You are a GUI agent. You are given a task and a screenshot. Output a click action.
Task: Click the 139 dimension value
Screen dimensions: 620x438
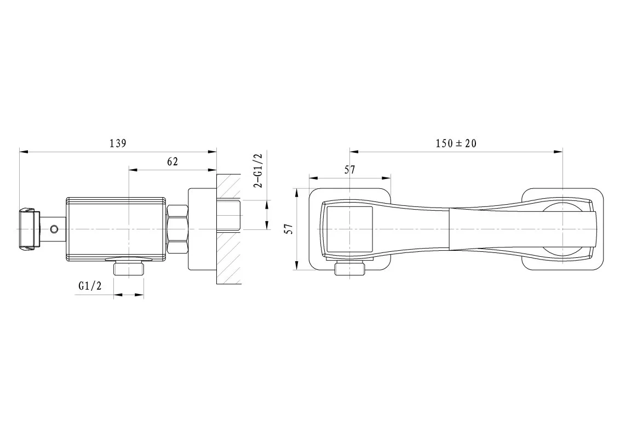(x=118, y=143)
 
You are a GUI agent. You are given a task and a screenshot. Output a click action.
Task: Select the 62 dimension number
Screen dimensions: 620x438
(x=173, y=162)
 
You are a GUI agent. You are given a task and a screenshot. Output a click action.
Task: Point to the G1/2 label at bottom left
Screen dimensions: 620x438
(x=90, y=285)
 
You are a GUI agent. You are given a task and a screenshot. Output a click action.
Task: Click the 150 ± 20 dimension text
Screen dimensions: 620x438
(x=456, y=143)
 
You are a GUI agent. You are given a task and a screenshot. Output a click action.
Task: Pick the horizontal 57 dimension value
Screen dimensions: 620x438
(x=349, y=170)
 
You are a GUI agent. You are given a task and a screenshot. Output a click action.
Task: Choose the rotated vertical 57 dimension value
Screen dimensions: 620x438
(x=290, y=229)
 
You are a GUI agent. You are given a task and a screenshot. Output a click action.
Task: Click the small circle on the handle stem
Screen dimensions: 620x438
(x=54, y=229)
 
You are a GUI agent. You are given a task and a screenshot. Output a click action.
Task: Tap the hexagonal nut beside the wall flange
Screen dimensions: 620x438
(x=177, y=229)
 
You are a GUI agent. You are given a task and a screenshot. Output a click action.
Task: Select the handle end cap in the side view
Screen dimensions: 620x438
(x=29, y=229)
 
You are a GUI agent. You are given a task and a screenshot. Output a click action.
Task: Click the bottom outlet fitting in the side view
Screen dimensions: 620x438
(x=129, y=268)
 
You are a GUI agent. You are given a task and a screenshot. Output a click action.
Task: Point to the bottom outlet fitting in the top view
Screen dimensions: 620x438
(x=350, y=268)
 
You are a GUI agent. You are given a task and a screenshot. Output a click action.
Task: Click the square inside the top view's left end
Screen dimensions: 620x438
(x=349, y=229)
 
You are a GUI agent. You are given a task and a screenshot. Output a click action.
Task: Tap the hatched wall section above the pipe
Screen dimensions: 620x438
(x=228, y=187)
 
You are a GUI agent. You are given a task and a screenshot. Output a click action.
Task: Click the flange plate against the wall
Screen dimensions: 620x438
(x=202, y=229)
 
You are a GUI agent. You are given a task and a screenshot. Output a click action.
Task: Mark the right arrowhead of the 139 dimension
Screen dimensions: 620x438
(x=213, y=152)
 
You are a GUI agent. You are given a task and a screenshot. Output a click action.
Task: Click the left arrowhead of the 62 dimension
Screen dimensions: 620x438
(x=133, y=170)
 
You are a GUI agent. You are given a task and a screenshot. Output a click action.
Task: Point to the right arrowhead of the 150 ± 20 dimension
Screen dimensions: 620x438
(x=558, y=152)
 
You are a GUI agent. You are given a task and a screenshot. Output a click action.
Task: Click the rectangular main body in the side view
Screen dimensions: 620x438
(x=116, y=229)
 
